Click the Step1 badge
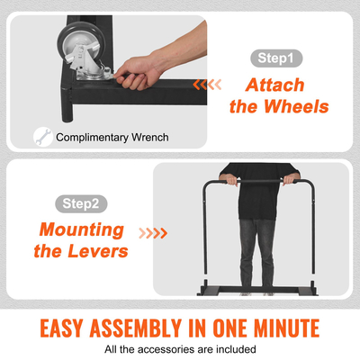tap(276, 58)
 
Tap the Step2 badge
tap(81, 203)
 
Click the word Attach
tap(275, 85)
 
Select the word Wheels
tap(296, 106)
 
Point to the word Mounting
tap(82, 230)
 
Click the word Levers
tap(98, 251)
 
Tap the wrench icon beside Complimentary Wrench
tap(43, 137)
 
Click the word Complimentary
tap(92, 138)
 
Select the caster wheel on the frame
tap(82, 44)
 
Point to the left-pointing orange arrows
tap(207, 85)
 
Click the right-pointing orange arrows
tap(153, 233)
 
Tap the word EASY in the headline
tap(61, 328)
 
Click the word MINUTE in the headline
tap(286, 328)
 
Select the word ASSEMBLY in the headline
tap(136, 328)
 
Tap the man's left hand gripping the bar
tap(289, 179)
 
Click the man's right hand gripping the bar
tap(231, 179)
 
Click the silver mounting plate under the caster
tap(94, 75)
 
